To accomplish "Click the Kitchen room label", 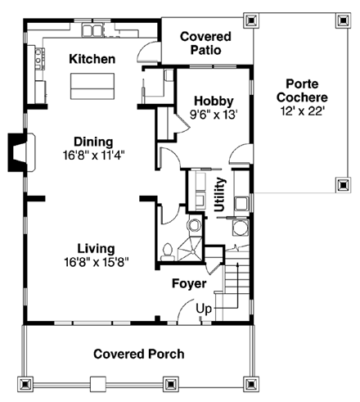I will point(92,59).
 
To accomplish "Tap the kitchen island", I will point(91,84).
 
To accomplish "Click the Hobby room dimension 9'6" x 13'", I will point(214,115).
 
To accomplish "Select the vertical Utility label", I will point(219,196).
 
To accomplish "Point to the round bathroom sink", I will point(193,225).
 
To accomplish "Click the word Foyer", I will point(188,284).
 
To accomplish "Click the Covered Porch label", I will point(138,354).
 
